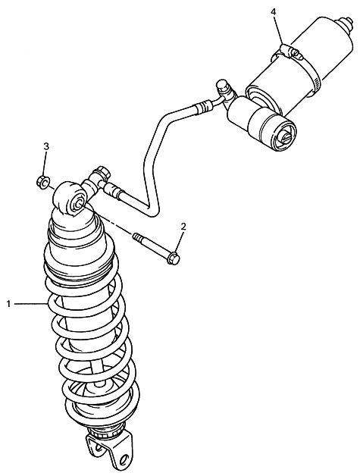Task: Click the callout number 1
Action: click(x=9, y=303)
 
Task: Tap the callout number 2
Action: click(x=183, y=227)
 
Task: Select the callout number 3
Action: click(x=46, y=146)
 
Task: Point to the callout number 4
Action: click(x=274, y=12)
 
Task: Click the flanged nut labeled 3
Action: click(x=42, y=183)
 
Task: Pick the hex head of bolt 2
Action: click(x=174, y=257)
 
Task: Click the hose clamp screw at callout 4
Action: click(x=291, y=52)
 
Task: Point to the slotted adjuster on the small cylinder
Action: click(x=284, y=139)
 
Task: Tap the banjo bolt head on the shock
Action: click(x=102, y=171)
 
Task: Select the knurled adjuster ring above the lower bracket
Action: click(x=104, y=431)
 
